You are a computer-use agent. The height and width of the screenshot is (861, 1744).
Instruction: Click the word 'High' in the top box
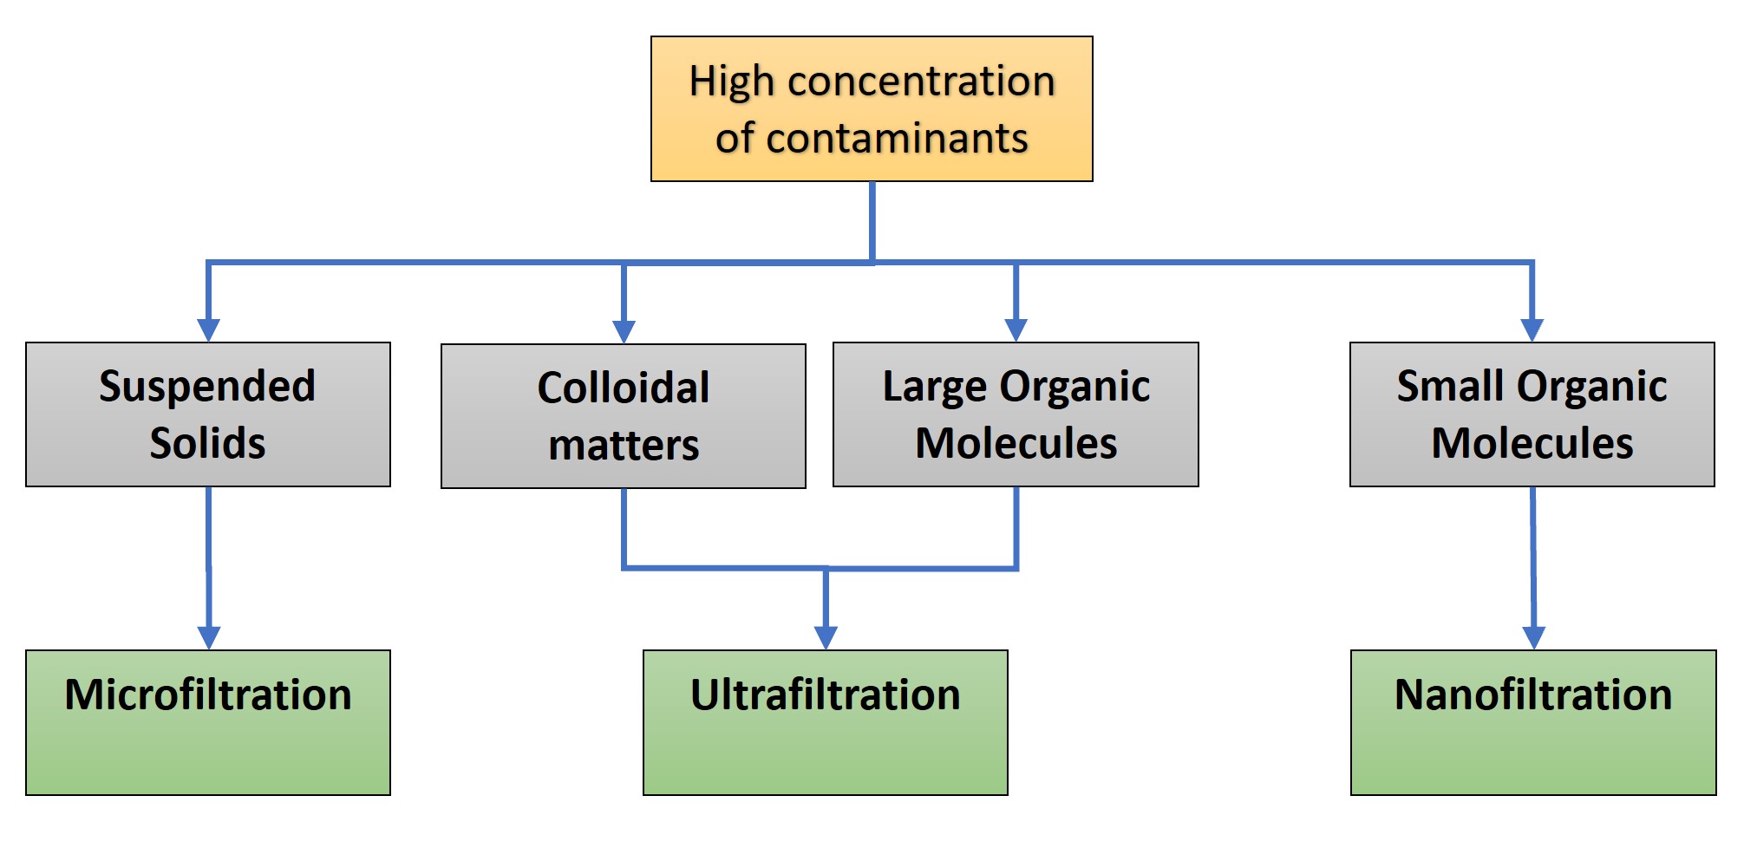(x=731, y=82)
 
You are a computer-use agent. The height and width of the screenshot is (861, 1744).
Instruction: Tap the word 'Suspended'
(x=207, y=387)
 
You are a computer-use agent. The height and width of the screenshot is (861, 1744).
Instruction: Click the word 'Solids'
(x=207, y=443)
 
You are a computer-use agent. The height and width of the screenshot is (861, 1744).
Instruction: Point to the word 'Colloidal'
(x=624, y=388)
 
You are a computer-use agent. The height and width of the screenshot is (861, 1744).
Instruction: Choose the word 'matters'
(x=624, y=446)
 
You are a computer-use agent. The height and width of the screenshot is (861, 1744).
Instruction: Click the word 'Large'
(x=934, y=387)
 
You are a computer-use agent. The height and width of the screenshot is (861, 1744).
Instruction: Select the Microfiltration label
(x=208, y=695)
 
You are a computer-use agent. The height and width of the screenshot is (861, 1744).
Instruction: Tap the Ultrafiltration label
(x=826, y=695)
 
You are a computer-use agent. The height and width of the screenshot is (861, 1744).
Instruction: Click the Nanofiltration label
(x=1533, y=695)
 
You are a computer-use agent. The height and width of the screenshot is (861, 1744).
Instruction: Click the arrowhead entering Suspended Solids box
(x=208, y=330)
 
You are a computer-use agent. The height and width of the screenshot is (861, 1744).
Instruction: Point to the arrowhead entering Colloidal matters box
(x=624, y=332)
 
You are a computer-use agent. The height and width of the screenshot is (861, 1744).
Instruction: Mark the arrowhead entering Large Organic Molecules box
(x=1016, y=330)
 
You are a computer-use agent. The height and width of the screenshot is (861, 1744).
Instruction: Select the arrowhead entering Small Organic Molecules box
(x=1532, y=330)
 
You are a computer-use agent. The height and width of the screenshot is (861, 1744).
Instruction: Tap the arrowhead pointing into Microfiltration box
(x=209, y=637)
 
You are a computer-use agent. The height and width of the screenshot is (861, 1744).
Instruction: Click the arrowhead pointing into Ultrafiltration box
(x=826, y=637)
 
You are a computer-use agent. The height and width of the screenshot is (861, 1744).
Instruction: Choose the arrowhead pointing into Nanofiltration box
(x=1534, y=637)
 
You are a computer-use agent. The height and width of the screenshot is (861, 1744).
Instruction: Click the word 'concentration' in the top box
(x=921, y=82)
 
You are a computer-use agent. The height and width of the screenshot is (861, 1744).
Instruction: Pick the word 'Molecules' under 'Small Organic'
(x=1532, y=443)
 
